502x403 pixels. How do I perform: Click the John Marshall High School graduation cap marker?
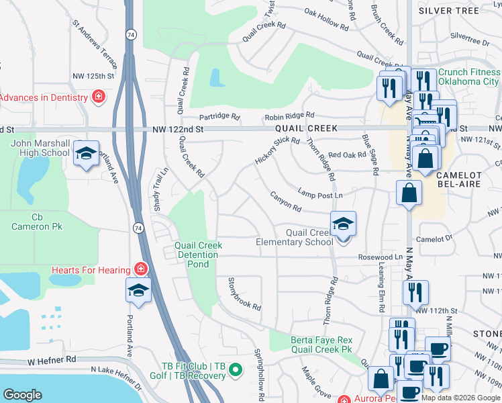(x=85, y=154)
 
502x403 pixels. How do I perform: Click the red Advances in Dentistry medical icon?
(x=99, y=97)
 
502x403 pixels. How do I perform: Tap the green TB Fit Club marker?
(x=235, y=370)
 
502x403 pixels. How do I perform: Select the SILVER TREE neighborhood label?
(x=458, y=11)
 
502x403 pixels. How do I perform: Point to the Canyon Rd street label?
(x=285, y=200)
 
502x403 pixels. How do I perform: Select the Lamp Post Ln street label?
(x=320, y=194)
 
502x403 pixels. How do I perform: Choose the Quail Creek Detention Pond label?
(x=198, y=251)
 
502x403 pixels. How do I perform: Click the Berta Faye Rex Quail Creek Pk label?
(x=321, y=345)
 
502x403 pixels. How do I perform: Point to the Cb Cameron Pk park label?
(x=37, y=222)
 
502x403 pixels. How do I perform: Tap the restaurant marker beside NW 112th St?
(x=415, y=292)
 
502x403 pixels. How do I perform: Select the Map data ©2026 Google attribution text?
(x=460, y=398)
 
